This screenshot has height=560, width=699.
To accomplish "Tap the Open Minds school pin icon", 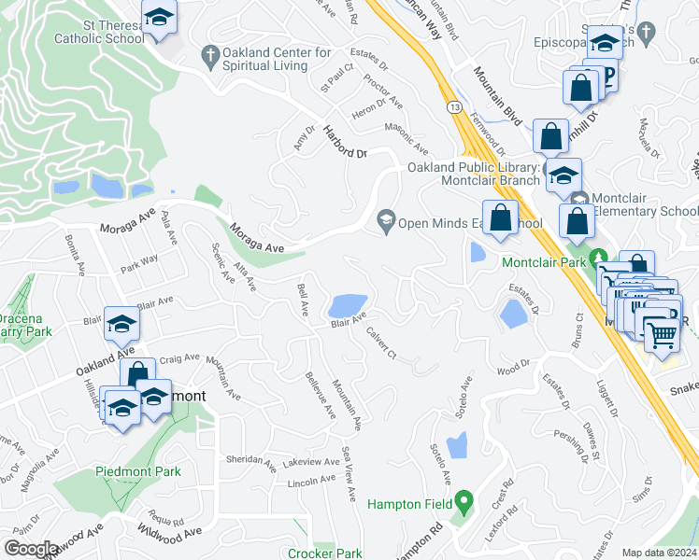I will (x=385, y=222).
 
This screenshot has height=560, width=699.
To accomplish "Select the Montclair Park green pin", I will (x=603, y=261).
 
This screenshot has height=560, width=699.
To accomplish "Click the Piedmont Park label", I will (x=138, y=471).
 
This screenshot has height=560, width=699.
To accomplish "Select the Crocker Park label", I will (x=325, y=553).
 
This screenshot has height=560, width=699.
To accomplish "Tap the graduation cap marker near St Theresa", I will (x=160, y=18).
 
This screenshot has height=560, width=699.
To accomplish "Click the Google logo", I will (x=31, y=549).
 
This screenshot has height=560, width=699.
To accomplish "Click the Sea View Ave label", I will (x=349, y=464).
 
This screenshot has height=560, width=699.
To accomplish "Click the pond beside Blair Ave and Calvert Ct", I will (x=346, y=304).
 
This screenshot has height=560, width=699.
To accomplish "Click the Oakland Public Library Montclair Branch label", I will (x=474, y=174).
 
